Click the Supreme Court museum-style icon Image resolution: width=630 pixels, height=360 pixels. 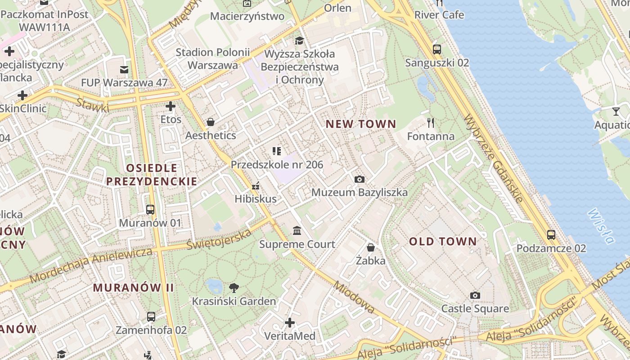(297, 231)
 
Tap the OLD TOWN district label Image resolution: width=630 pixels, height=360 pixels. (443, 242)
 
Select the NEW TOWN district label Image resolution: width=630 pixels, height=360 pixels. (361, 124)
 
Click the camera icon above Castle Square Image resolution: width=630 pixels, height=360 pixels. (475, 295)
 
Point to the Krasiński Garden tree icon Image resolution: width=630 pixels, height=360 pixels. (234, 288)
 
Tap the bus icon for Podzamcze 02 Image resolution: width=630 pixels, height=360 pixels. (551, 234)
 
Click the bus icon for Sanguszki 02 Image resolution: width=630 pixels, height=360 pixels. (436, 49)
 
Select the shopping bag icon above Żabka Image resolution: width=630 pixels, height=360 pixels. (370, 247)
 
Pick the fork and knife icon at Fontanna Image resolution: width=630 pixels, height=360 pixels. (431, 122)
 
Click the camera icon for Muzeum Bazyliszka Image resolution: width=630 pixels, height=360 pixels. (359, 179)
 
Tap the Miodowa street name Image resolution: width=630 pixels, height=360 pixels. (354, 297)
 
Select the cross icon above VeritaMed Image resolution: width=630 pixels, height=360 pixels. (290, 323)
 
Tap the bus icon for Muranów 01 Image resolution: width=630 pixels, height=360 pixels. (150, 209)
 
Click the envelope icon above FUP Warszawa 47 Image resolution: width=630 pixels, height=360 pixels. (124, 69)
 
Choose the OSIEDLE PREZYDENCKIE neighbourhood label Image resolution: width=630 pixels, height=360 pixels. (152, 175)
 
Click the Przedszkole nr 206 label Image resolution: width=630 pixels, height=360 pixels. (277, 165)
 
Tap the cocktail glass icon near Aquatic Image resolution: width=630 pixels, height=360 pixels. (616, 111)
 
